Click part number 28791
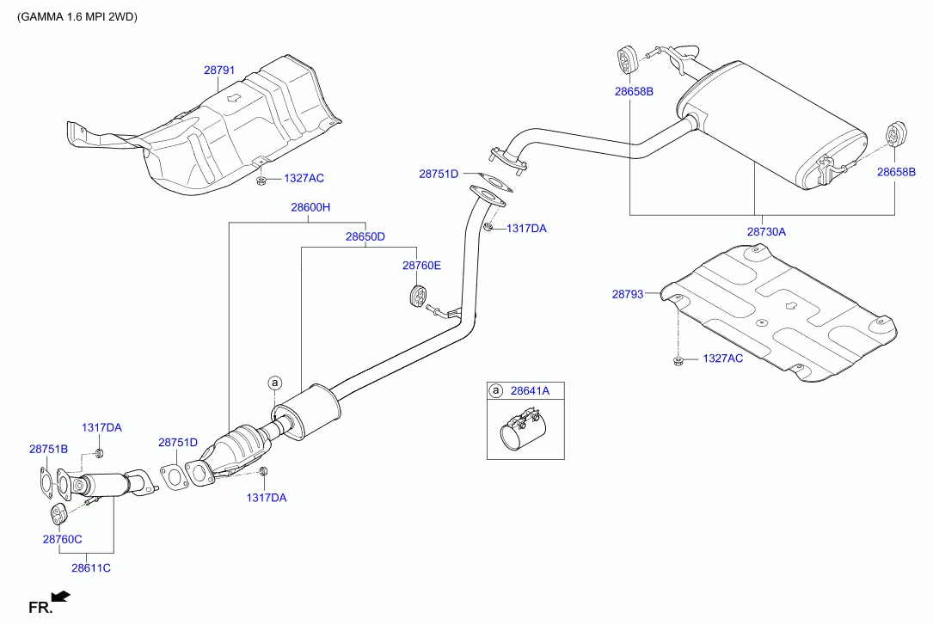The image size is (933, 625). (x=219, y=72)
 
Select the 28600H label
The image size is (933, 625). (x=310, y=207)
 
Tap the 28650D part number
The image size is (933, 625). (x=365, y=236)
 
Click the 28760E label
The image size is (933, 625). (x=421, y=266)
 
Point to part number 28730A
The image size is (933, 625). (x=766, y=231)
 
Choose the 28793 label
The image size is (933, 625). (x=628, y=294)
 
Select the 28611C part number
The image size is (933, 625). (x=91, y=568)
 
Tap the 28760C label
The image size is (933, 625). (x=62, y=539)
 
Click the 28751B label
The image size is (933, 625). (x=48, y=449)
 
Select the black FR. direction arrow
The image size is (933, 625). (x=60, y=596)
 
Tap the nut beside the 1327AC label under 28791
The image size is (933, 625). (x=261, y=180)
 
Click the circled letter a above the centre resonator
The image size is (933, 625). (x=274, y=382)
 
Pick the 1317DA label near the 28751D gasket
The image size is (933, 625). (x=526, y=229)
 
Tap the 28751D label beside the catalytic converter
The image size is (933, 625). (x=177, y=442)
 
